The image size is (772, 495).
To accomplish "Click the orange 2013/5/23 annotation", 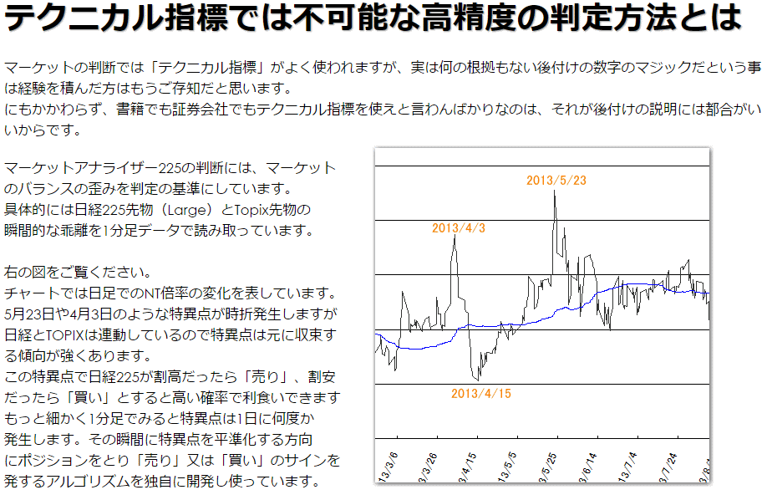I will (x=556, y=180).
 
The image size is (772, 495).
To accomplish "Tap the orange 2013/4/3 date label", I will (x=459, y=227).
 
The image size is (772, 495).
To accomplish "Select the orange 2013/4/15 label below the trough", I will (x=480, y=392).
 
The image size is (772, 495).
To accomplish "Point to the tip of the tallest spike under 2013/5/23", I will (x=555, y=191).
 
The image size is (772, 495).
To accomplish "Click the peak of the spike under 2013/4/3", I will (x=455, y=237).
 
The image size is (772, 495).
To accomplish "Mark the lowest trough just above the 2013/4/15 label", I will (x=477, y=380).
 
